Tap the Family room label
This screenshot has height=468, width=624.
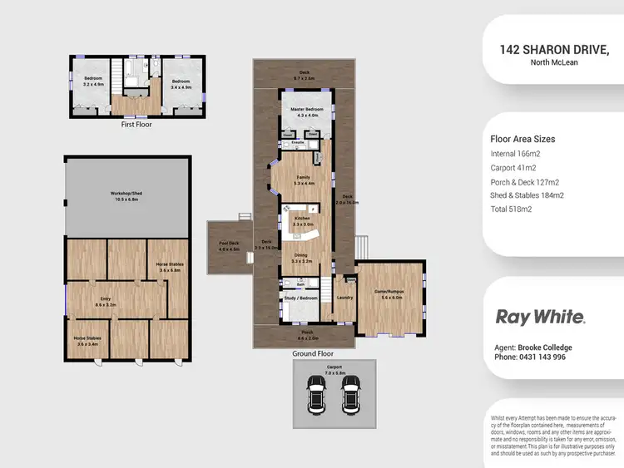click(x=303, y=176)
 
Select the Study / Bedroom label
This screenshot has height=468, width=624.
click(x=300, y=297)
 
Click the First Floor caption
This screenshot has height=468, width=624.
click(x=137, y=124)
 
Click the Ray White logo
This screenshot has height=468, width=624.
click(x=541, y=317)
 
